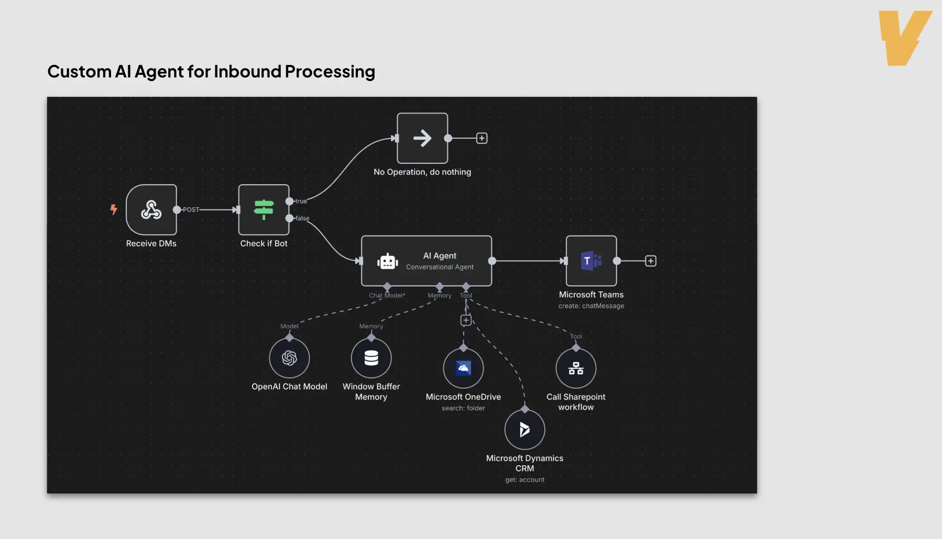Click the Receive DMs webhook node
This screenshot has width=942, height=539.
pyautogui.click(x=151, y=210)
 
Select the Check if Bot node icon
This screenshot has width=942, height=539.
pyautogui.click(x=264, y=210)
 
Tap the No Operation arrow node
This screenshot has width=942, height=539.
pyautogui.click(x=422, y=138)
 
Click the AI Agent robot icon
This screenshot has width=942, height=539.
pyautogui.click(x=388, y=261)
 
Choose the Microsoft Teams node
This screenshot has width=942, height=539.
pyautogui.click(x=591, y=261)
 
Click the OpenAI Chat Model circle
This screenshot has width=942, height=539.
pyautogui.click(x=289, y=358)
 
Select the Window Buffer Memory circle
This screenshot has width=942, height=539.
pyautogui.click(x=371, y=358)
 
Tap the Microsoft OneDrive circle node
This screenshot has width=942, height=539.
pyautogui.click(x=463, y=368)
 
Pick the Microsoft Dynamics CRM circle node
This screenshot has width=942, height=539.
pyautogui.click(x=524, y=430)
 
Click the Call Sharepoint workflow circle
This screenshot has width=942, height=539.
pyautogui.click(x=576, y=368)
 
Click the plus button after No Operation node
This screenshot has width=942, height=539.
pyautogui.click(x=481, y=138)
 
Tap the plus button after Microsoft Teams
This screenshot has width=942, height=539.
pyautogui.click(x=650, y=261)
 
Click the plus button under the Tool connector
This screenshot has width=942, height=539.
pyautogui.click(x=466, y=320)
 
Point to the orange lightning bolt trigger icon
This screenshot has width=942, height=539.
pyautogui.click(x=113, y=209)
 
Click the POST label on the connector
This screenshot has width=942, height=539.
pyautogui.click(x=191, y=210)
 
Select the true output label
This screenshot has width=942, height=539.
pyautogui.click(x=301, y=201)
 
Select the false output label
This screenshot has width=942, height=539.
pyautogui.click(x=302, y=218)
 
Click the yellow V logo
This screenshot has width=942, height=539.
pyautogui.click(x=905, y=38)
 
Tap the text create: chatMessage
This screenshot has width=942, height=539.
pyautogui.click(x=591, y=306)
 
